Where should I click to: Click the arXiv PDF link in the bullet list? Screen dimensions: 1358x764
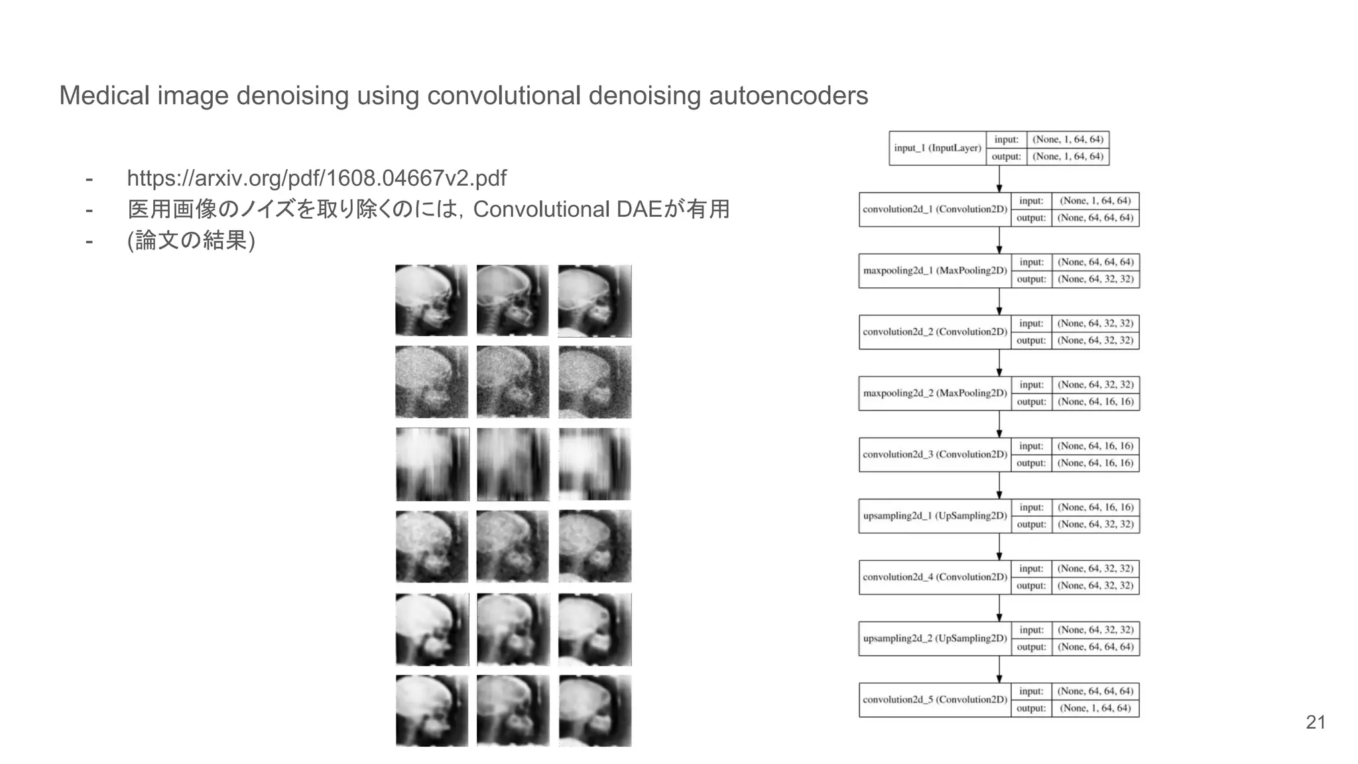[316, 178]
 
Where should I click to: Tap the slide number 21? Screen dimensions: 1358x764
[1316, 722]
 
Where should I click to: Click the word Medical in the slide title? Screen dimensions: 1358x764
[105, 95]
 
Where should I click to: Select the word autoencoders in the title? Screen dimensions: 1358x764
[788, 95]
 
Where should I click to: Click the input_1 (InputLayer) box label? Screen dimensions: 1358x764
[937, 148]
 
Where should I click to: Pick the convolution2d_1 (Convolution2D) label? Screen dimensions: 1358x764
[935, 210]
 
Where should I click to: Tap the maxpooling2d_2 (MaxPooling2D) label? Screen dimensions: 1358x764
[935, 393]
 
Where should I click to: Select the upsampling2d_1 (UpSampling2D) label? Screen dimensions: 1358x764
[935, 516]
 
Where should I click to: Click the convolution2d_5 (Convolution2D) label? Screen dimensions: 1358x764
[935, 700]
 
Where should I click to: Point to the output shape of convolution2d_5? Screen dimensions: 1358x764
[1095, 708]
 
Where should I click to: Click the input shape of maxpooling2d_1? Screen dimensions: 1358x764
[1095, 262]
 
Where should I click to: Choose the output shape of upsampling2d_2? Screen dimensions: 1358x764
[1095, 647]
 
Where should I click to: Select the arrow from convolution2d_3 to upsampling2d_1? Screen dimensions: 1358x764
[999, 485]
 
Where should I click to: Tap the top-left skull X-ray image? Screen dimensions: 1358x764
[432, 301]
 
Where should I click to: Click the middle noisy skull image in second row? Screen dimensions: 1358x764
[513, 382]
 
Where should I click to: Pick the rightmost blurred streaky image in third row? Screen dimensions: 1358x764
[595, 464]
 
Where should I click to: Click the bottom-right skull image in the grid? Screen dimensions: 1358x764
[595, 711]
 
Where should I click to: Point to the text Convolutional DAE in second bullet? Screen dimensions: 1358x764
[567, 210]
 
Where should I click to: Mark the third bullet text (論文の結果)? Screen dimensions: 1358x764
[191, 240]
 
